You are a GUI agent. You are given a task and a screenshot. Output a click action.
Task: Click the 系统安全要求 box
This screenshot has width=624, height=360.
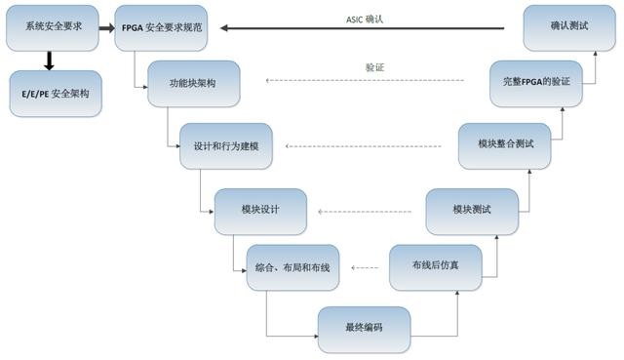coord(52,28)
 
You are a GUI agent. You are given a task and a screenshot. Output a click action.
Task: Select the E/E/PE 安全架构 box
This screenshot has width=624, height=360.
coord(55,95)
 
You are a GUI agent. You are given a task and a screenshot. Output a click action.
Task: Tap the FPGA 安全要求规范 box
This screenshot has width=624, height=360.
coord(163,28)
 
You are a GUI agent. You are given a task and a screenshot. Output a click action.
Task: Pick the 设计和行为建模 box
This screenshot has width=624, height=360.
coord(227,146)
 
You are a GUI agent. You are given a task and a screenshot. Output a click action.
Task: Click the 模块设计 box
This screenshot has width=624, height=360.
coord(260,210)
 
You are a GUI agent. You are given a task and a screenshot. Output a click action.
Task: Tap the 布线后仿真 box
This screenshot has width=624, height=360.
coord(435,266)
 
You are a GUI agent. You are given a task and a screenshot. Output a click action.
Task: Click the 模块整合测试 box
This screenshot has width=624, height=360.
coord(503,145)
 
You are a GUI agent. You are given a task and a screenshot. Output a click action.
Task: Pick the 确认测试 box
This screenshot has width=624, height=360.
coord(569,28)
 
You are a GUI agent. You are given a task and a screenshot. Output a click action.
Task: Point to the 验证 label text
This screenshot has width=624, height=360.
coord(374,67)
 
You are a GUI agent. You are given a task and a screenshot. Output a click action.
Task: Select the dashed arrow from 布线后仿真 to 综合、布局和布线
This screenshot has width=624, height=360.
coord(365,267)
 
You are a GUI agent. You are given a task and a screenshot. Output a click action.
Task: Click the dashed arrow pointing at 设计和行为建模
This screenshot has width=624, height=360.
coord(367,147)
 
